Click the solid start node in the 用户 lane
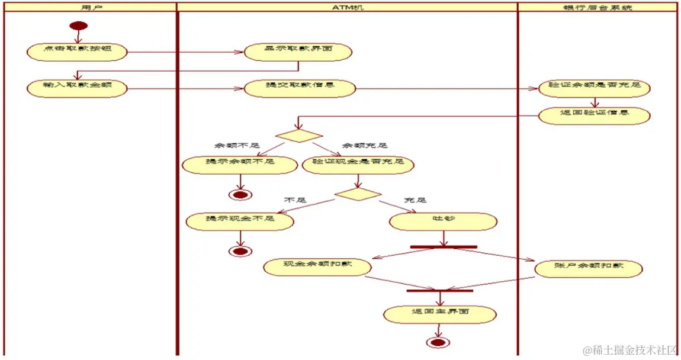click(x=79, y=25)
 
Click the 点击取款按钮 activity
click(x=77, y=52)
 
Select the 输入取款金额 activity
click(x=77, y=88)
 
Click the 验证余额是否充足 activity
click(x=594, y=88)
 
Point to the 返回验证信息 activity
click(x=594, y=114)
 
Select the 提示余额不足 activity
click(x=239, y=165)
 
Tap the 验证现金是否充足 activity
click(x=358, y=165)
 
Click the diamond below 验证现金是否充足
click(x=358, y=194)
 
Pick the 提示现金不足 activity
click(x=240, y=221)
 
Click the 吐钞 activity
click(x=442, y=221)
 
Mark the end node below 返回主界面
click(x=438, y=342)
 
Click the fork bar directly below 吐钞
click(x=443, y=246)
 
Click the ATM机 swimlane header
click(x=347, y=7)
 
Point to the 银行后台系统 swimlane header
click(x=597, y=7)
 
